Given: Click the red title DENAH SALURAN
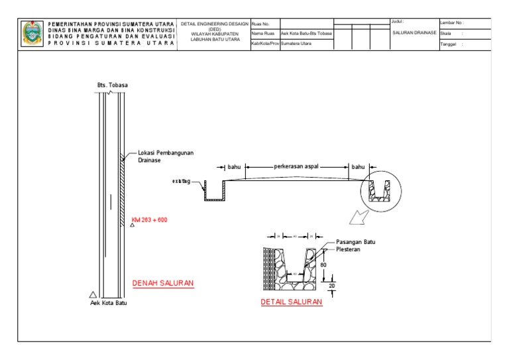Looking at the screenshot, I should pos(162,283).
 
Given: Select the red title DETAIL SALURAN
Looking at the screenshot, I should pos(291,302).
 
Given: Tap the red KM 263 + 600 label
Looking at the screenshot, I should pos(149,219).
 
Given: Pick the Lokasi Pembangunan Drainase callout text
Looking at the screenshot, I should pos(165,156).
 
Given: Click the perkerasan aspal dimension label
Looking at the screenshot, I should pos(296,168).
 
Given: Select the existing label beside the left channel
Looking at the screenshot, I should pos(182,180).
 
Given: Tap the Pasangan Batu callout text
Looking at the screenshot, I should pos(356,242).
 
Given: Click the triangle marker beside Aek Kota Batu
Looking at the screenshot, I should pos(93,294).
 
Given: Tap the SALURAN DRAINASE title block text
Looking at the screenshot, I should pos(414,32).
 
